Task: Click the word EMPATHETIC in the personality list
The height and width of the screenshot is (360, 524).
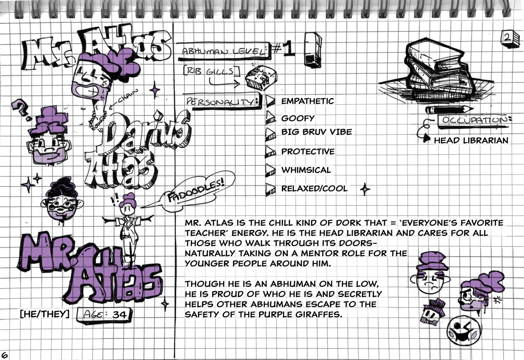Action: (307, 101)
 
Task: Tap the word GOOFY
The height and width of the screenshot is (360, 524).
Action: (298, 118)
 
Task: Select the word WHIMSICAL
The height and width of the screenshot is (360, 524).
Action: (306, 170)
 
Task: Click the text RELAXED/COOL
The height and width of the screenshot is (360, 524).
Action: (315, 189)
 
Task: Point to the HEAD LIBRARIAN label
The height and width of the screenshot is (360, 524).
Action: (471, 140)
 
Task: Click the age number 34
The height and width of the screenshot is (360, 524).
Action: (120, 315)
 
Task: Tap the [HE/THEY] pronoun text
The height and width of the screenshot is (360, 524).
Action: (45, 314)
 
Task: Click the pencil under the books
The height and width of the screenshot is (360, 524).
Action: (449, 109)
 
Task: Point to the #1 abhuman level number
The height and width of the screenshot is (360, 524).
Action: (283, 49)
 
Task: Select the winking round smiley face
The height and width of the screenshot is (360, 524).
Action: (464, 330)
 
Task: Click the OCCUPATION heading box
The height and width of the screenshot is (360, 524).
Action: (474, 122)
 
